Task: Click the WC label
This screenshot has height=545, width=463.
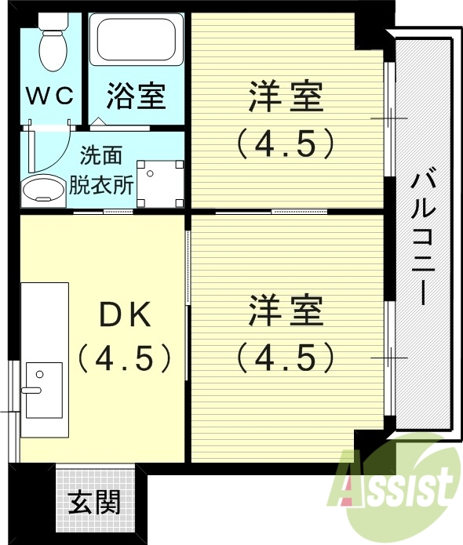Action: (52, 96)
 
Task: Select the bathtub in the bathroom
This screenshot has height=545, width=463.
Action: (136, 41)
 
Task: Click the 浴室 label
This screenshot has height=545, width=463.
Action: (136, 96)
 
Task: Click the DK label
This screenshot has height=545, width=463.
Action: (124, 315)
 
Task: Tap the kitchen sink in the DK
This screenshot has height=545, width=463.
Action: (42, 389)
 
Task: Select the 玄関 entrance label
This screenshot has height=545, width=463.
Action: (94, 502)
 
